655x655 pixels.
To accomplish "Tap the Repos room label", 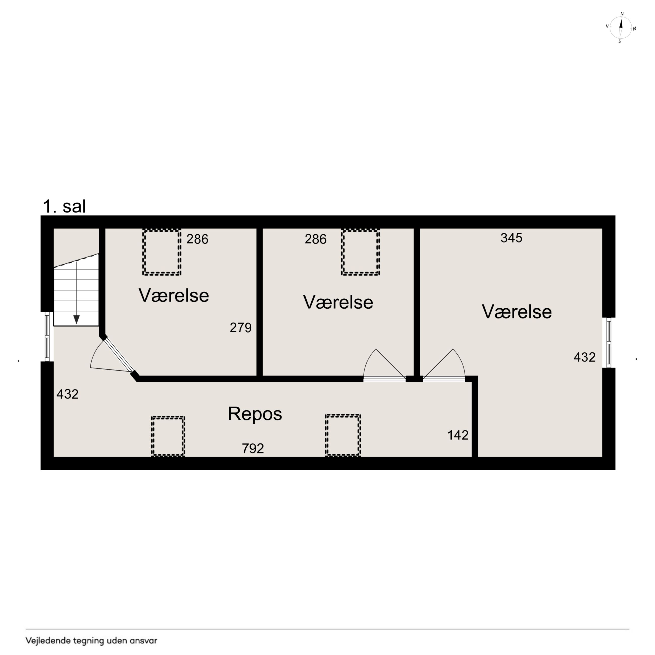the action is pyautogui.click(x=255, y=414).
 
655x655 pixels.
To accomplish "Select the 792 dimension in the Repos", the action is pyautogui.click(x=253, y=448).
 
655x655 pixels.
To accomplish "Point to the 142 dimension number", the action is pyautogui.click(x=458, y=435).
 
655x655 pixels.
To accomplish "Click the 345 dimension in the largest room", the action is pyautogui.click(x=511, y=238).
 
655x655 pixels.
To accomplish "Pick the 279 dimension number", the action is pyautogui.click(x=240, y=327).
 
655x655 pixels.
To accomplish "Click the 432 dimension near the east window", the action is pyautogui.click(x=584, y=357).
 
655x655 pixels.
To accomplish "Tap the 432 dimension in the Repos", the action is pyautogui.click(x=68, y=394).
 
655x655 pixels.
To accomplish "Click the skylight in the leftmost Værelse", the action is pyautogui.click(x=162, y=252).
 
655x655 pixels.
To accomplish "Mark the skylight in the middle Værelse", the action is pyautogui.click(x=361, y=252).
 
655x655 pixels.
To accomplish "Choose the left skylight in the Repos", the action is pyautogui.click(x=168, y=436).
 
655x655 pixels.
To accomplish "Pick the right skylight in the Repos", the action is pyautogui.click(x=343, y=435).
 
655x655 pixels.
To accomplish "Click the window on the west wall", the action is pyautogui.click(x=47, y=336).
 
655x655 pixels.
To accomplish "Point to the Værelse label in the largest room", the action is pyautogui.click(x=517, y=312).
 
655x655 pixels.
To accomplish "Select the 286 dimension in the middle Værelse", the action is pyautogui.click(x=315, y=239).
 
